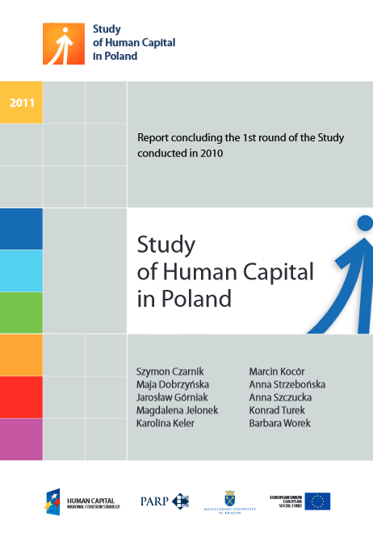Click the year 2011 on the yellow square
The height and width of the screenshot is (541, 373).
[21, 103]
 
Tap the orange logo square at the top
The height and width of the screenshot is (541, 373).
[64, 43]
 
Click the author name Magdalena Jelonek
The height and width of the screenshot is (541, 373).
[178, 409]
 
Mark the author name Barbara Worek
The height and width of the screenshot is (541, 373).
[280, 422]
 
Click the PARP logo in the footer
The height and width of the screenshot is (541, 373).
[165, 501]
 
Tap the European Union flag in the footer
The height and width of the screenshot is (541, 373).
[317, 501]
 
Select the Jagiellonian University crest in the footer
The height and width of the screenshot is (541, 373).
[230, 497]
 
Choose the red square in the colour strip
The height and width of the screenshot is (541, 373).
[21, 396]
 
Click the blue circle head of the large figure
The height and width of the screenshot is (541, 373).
[364, 224]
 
